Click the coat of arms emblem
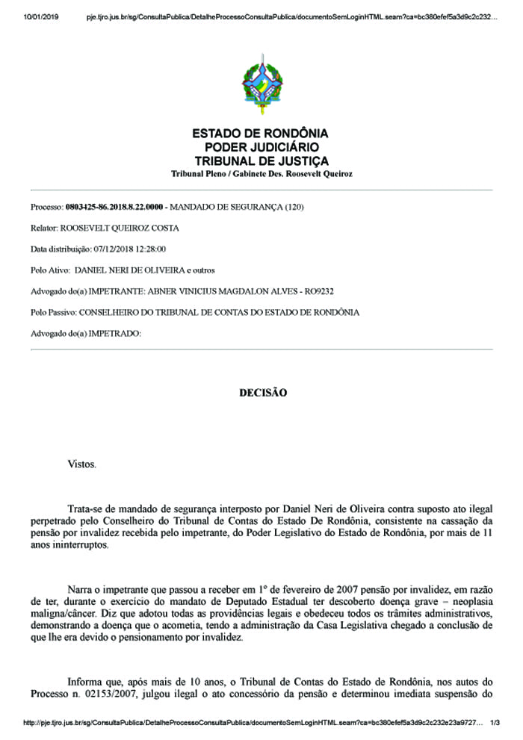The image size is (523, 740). (x=261, y=84)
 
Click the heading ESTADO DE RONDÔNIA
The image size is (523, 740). (x=261, y=134)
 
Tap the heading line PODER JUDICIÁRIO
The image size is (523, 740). (x=261, y=147)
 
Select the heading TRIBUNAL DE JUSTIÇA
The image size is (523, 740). (x=261, y=161)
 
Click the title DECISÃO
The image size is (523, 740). (x=262, y=392)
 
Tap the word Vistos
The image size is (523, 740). (x=81, y=464)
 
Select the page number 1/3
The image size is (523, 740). (x=495, y=724)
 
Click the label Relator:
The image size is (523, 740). (x=44, y=228)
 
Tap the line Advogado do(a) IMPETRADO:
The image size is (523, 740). (x=85, y=333)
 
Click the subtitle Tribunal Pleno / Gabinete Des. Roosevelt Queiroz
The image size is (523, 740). (x=261, y=174)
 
